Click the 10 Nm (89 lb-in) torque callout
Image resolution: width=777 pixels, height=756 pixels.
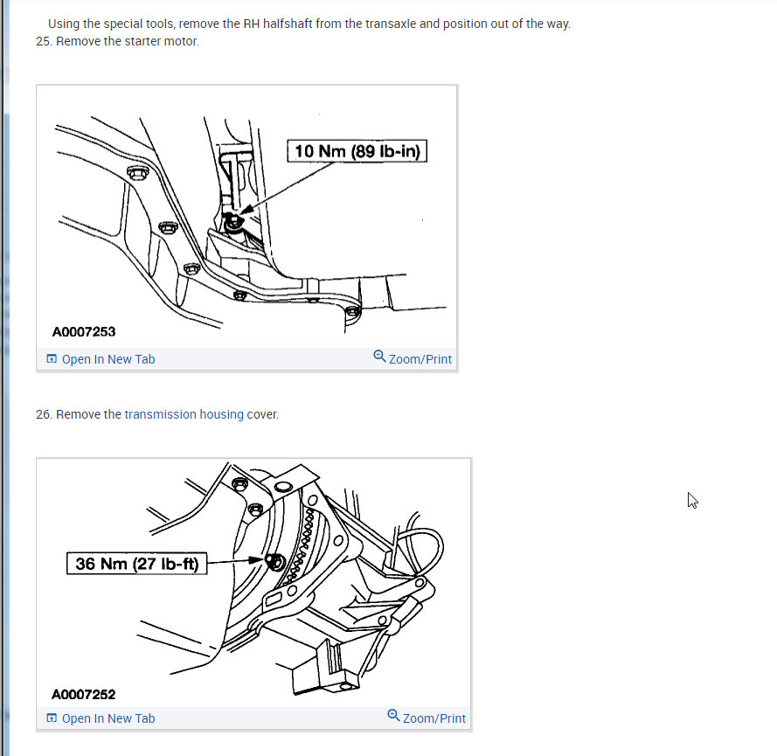pos(357,151)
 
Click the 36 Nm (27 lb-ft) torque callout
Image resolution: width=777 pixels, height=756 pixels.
pos(136,563)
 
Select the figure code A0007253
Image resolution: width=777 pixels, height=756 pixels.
pos(84,331)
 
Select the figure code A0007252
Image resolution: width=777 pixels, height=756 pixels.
pos(84,695)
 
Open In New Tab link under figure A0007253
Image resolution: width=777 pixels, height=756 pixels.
pos(101,359)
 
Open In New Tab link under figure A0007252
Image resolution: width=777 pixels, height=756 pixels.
pos(101,718)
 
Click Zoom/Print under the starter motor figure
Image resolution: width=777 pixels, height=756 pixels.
pos(413,358)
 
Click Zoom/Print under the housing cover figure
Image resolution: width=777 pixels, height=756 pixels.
pos(427,718)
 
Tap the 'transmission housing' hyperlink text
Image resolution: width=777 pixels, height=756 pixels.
pos(184,414)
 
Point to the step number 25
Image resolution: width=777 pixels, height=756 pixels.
pos(43,41)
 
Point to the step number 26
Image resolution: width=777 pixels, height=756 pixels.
pos(43,414)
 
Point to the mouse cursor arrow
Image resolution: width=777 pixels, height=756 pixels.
pos(692,501)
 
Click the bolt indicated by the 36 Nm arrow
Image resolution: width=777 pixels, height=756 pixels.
pos(275,562)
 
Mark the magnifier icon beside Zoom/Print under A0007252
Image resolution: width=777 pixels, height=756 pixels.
pos(393,716)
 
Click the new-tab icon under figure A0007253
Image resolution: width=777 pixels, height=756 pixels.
pos(52,358)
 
